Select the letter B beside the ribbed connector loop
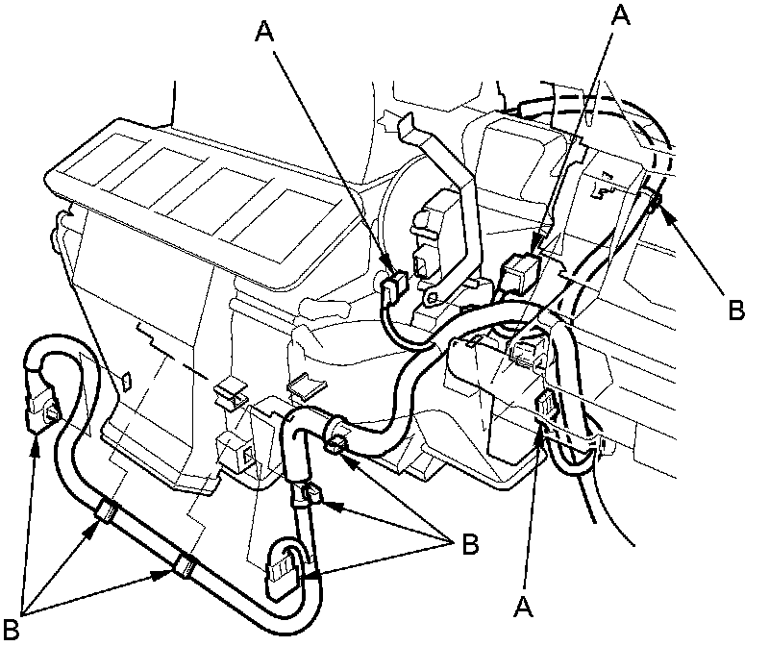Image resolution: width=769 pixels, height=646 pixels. pos(469,543)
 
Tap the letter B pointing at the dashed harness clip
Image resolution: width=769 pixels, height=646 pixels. pos(735,310)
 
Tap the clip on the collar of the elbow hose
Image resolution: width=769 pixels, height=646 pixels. pos(336,441)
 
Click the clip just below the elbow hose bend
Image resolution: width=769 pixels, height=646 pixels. pos(310,495)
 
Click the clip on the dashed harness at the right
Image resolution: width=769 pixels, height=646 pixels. pos(653,201)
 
